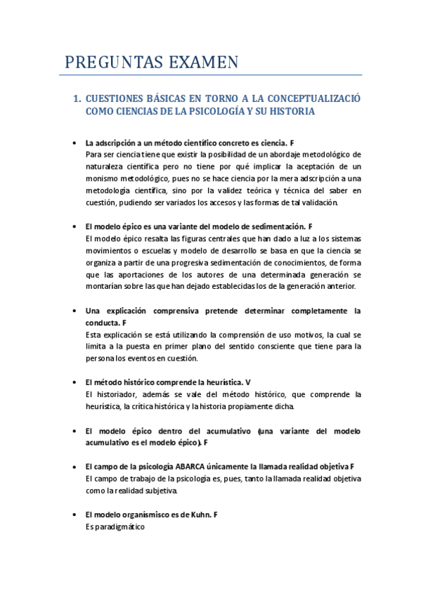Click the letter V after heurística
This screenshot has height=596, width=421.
click(247, 382)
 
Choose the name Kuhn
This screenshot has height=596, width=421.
click(198, 514)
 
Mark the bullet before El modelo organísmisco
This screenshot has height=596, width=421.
click(75, 514)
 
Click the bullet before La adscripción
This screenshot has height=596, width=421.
click(75, 143)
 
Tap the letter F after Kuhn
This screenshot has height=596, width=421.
click(216, 514)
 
